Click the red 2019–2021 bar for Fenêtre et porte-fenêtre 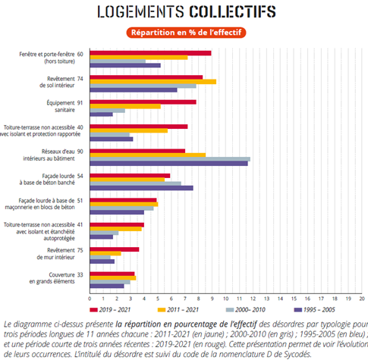pos(150,53)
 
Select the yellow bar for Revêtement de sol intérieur pos(153,82)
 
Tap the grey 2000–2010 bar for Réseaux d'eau pos(170,159)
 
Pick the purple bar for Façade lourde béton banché pos(142,188)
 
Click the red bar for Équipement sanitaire pos(143,102)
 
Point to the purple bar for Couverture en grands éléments pos(107,286)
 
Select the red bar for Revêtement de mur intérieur pos(115,249)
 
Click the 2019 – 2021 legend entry pos(110,310)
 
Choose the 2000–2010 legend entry pos(246,310)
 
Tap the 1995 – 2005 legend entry pos(315,310)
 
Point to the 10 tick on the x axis pos(225,299)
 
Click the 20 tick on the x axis pos(362,299)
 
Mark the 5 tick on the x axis pos(158,299)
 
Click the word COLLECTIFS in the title pos(232,11)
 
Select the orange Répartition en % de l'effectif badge pos(186,33)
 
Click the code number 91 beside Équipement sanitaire pos(80,103)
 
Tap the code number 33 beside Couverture pos(80,274)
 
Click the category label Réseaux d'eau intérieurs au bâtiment pos(49,155)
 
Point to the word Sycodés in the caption pos(297,354)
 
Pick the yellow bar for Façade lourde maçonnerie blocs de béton pos(124,204)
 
